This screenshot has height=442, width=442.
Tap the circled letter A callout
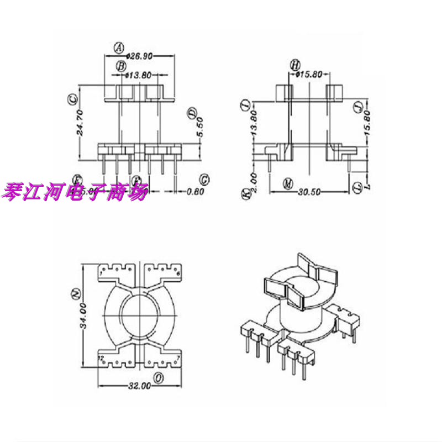point(118,48)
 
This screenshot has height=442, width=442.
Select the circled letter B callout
point(121,66)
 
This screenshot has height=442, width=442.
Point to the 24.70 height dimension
point(80,123)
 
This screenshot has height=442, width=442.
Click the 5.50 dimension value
point(201,131)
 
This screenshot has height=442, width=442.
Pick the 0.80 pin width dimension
point(195,192)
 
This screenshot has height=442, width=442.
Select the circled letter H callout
point(294,65)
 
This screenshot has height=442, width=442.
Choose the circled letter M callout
point(287,183)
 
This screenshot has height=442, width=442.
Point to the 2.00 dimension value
point(254,178)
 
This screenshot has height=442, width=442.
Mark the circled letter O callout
point(159,378)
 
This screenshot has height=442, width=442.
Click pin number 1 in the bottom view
point(103,273)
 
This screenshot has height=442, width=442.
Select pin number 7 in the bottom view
point(179,360)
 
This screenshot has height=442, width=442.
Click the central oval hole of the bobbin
point(141,316)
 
